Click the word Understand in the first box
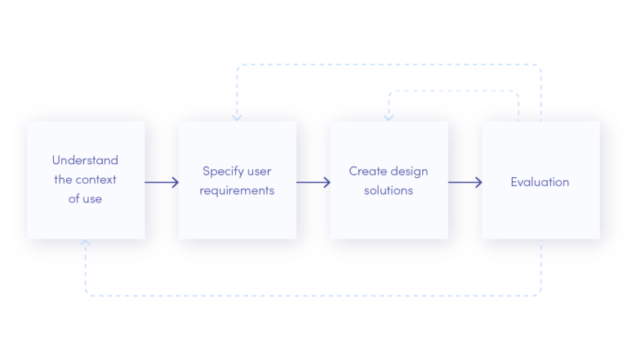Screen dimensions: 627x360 click(x=85, y=160)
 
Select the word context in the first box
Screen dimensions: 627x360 click(x=96, y=180)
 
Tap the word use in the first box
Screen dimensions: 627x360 click(x=92, y=199)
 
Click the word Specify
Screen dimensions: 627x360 click(x=223, y=172)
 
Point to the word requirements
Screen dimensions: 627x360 click(x=237, y=191)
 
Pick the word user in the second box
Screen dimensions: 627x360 click(x=259, y=172)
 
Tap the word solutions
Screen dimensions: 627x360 click(x=389, y=190)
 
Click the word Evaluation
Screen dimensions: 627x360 click(x=540, y=182)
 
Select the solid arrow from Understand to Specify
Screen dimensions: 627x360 click(x=162, y=182)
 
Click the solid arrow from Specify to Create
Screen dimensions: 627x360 click(x=313, y=182)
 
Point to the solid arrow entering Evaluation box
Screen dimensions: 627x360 click(x=465, y=182)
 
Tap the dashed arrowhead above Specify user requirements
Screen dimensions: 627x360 click(x=237, y=118)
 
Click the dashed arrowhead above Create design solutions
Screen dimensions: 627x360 click(x=389, y=118)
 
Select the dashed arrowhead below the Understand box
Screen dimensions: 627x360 click(x=85, y=242)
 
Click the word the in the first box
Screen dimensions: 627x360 click(x=63, y=180)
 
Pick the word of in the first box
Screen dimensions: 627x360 click(x=73, y=199)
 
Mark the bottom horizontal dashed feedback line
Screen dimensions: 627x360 click(x=313, y=296)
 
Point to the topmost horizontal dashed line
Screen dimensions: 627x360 click(x=389, y=64)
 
